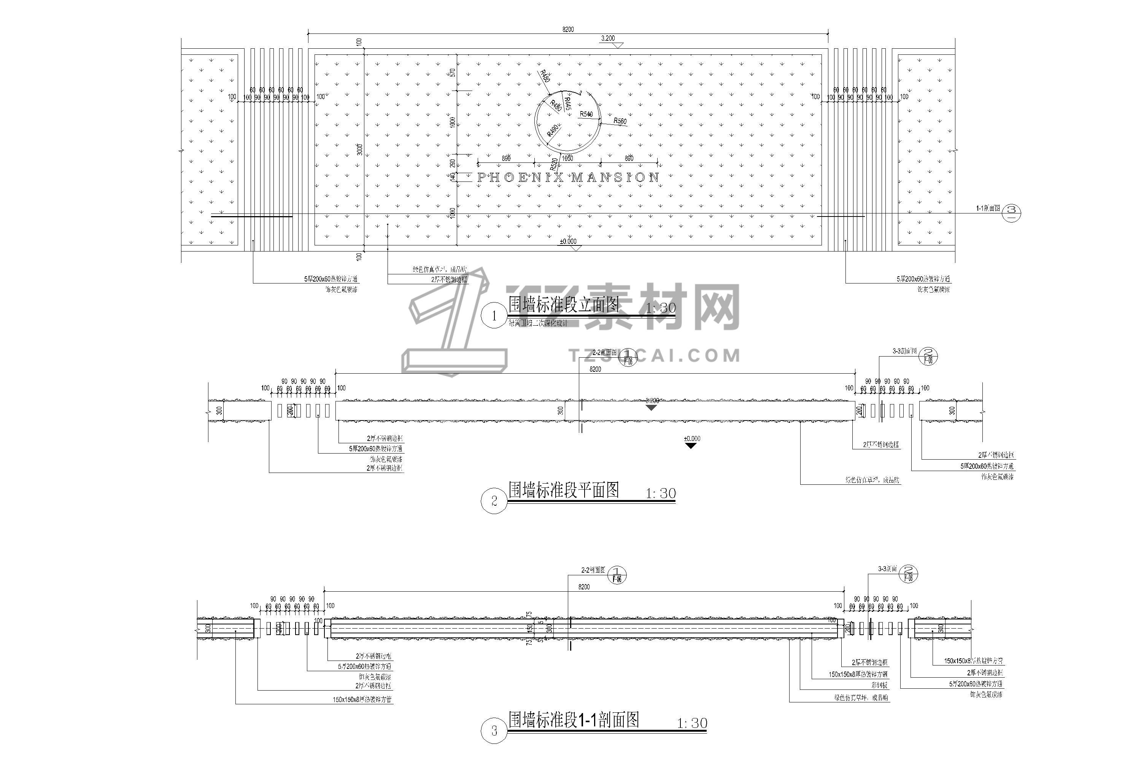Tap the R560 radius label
(x=620, y=121)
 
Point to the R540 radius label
(x=586, y=115)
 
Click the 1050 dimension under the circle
(x=567, y=159)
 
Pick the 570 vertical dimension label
(x=453, y=73)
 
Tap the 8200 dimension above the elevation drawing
(x=567, y=30)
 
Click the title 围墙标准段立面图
(x=563, y=305)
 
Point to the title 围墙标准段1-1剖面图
(x=574, y=720)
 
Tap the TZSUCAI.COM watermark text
(x=655, y=356)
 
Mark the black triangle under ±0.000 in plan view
(x=691, y=446)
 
